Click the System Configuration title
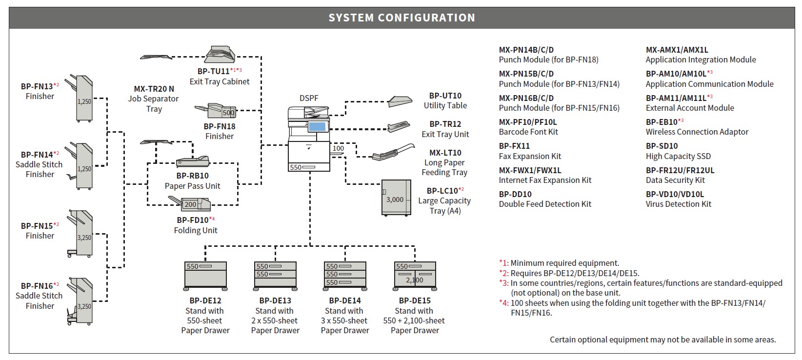(x=401, y=18)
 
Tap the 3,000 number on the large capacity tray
(x=395, y=200)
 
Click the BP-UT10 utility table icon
(x=400, y=101)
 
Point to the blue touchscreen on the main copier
(x=317, y=127)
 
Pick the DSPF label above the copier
(x=309, y=98)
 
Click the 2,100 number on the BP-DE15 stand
(x=415, y=280)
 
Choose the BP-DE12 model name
(x=205, y=300)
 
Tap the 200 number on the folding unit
(x=190, y=204)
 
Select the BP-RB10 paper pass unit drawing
(x=193, y=162)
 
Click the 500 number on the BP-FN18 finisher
(x=228, y=113)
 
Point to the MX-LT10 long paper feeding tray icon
(x=393, y=152)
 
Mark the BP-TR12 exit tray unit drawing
(x=399, y=126)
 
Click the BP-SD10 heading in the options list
(x=662, y=146)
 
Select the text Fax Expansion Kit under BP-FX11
(x=530, y=157)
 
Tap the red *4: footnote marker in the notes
(x=504, y=303)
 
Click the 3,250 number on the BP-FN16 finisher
(x=84, y=307)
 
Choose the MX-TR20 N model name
(x=154, y=89)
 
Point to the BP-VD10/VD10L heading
(x=675, y=194)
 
